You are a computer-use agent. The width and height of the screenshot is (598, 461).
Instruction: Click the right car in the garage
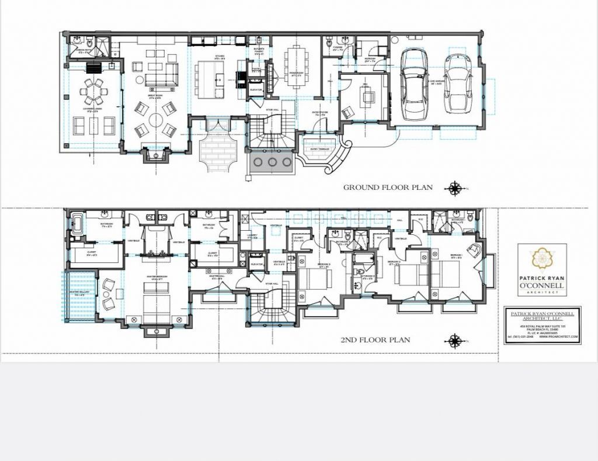coord(457,84)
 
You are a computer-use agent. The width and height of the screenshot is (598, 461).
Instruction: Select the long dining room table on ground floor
coord(295,66)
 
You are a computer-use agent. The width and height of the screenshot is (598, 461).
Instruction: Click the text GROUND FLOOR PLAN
coord(388,188)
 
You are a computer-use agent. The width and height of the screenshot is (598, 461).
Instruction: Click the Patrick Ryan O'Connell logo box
coord(541,269)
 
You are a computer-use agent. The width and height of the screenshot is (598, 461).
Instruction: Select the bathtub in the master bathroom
coord(77,223)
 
